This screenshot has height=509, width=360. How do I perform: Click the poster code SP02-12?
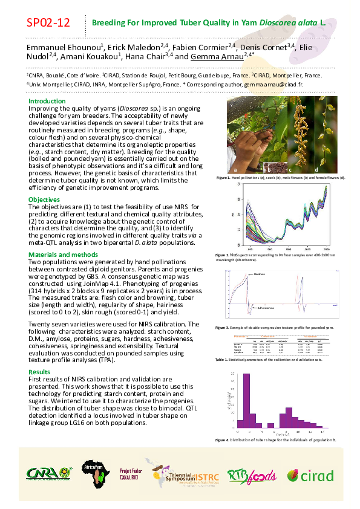48,24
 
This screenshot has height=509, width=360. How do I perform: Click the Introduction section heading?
47,101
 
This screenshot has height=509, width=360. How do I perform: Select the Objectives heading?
44,199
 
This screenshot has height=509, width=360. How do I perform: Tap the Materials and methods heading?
63,254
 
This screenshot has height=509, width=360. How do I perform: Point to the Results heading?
39,372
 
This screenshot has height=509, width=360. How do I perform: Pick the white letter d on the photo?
316,169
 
